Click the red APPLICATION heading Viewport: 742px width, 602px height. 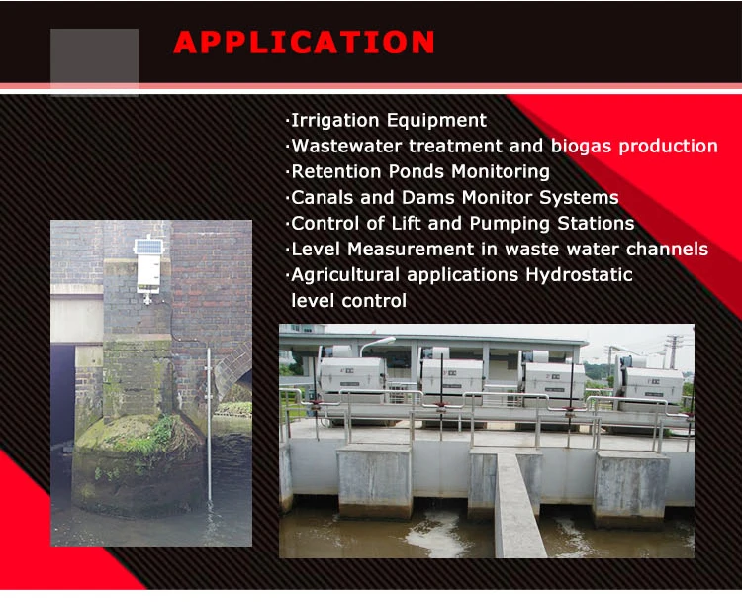pyautogui.click(x=304, y=43)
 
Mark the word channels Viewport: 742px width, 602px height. pyautogui.click(x=666, y=250)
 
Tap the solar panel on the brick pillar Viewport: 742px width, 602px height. pyautogui.click(x=147, y=246)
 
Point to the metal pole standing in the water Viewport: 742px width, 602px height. pyautogui.click(x=209, y=426)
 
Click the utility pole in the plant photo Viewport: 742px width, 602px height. pyautogui.click(x=675, y=351)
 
